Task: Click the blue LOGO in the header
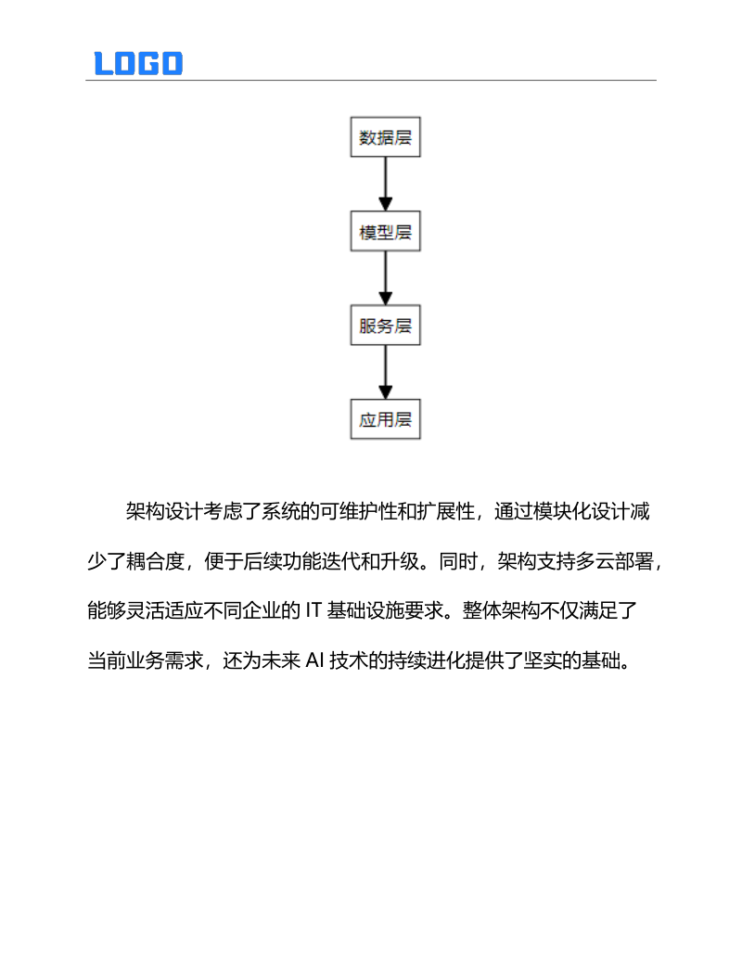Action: pyautogui.click(x=138, y=63)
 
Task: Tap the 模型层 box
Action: pyautogui.click(x=385, y=233)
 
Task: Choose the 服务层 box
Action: pyautogui.click(x=385, y=327)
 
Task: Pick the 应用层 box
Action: pyautogui.click(x=385, y=420)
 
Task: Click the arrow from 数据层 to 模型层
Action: pyautogui.click(x=385, y=186)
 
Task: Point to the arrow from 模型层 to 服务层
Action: pyautogui.click(x=385, y=279)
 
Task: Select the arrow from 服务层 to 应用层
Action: pyautogui.click(x=385, y=373)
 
